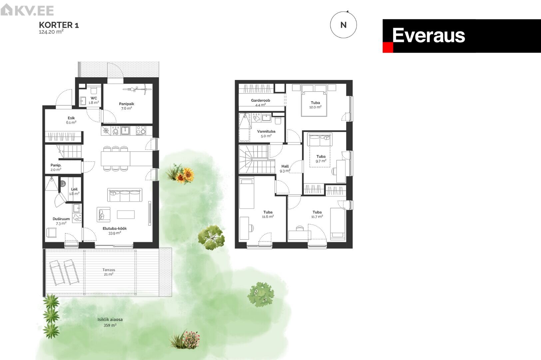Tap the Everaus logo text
428,35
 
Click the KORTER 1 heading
59,25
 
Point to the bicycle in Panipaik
137,89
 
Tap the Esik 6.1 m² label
71,120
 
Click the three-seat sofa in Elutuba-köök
125,195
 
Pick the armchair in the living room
103,214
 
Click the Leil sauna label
74,191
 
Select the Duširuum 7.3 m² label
61,221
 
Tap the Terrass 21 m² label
109,272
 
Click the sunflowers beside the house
185,175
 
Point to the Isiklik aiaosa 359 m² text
110,322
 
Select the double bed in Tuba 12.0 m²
314,103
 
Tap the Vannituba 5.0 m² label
266,134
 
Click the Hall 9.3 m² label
285,168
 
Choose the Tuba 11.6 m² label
268,214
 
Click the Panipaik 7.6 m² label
127,106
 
